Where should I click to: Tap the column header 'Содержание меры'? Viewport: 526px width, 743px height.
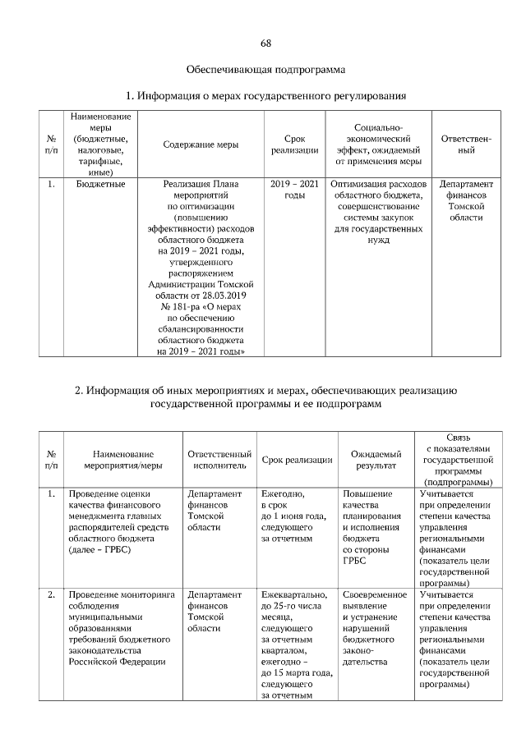pos(201,144)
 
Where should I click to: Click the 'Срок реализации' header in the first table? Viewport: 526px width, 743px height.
pos(294,144)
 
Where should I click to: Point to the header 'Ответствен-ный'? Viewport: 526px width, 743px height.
pos(466,144)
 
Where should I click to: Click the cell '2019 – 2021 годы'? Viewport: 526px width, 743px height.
pos(294,190)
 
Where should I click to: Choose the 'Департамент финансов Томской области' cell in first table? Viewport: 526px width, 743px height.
pos(466,201)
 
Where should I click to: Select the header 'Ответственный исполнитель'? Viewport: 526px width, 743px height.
pos(219,459)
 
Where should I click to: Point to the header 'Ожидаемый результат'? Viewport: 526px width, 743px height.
pos(376,459)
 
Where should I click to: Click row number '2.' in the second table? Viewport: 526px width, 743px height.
pos(51,594)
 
